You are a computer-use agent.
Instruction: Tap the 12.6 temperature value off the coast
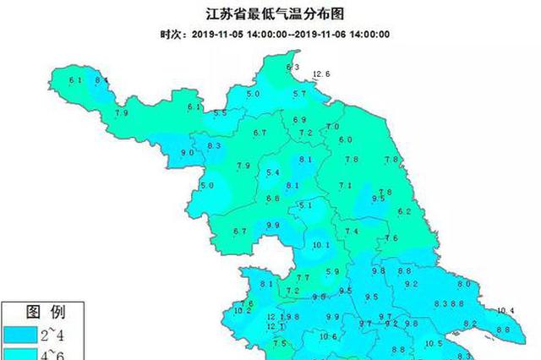[321, 74]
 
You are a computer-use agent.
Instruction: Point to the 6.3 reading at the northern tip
[293, 67]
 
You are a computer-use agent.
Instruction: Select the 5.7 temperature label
[298, 94]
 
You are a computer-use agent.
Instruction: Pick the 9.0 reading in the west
[189, 152]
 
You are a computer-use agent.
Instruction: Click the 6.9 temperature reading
[298, 120]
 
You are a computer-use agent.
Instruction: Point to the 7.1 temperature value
[345, 186]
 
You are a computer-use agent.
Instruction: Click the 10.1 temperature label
[320, 245]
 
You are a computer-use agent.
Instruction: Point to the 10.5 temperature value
[434, 343]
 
